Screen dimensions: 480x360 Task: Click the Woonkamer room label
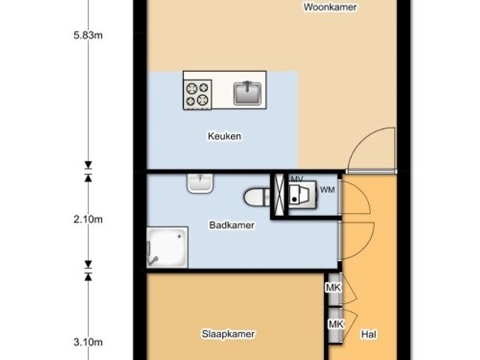pyautogui.click(x=330, y=7)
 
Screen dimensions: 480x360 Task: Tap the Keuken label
pyautogui.click(x=224, y=136)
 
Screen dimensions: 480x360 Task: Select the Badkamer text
pyautogui.click(x=232, y=225)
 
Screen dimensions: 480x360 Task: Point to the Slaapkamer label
pyautogui.click(x=228, y=334)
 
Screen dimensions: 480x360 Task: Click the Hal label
pyautogui.click(x=368, y=334)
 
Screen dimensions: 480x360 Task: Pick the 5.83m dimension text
pyautogui.click(x=88, y=35)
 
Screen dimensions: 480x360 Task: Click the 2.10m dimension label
pyautogui.click(x=88, y=220)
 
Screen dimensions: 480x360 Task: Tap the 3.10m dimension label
pyautogui.click(x=88, y=342)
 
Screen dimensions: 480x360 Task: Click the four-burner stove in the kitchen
pyautogui.click(x=197, y=94)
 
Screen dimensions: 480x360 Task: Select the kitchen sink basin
pyautogui.click(x=247, y=93)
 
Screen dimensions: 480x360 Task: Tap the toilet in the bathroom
pyautogui.click(x=257, y=197)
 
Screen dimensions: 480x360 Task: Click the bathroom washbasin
pyautogui.click(x=200, y=183)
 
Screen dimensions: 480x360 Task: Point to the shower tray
pyautogui.click(x=167, y=247)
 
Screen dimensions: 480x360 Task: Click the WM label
pyautogui.click(x=327, y=190)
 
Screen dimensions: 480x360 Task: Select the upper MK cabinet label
pyautogui.click(x=333, y=288)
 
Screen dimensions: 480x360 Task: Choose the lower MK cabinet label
pyautogui.click(x=336, y=324)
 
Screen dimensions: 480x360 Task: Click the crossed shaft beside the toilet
pyautogui.click(x=279, y=195)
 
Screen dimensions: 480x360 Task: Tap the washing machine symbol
pyautogui.click(x=302, y=195)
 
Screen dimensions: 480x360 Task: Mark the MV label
pyautogui.click(x=297, y=179)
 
